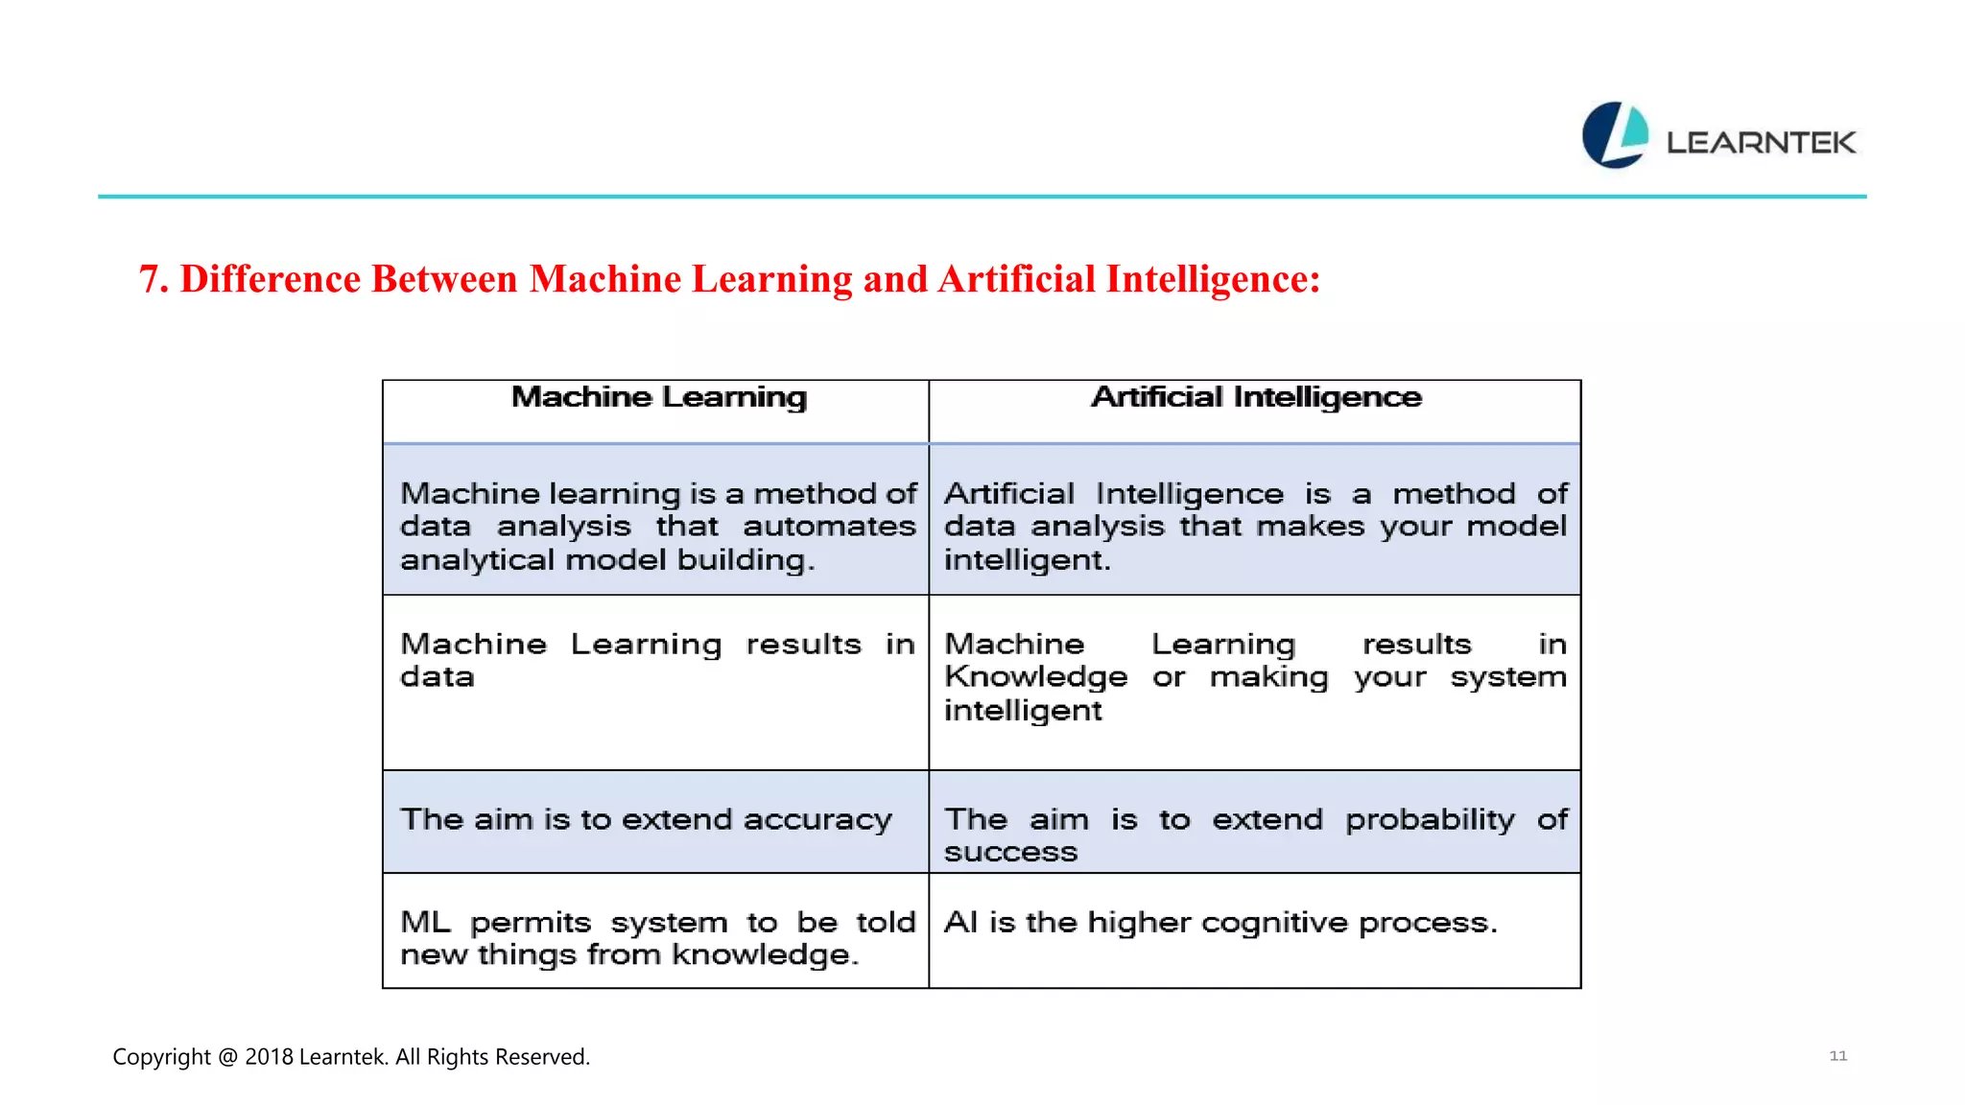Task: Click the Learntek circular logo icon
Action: click(x=1615, y=135)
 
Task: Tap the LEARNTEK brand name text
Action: click(x=1761, y=143)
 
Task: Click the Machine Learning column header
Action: click(x=659, y=397)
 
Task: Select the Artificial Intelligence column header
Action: click(x=1256, y=397)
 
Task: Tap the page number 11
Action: click(x=1837, y=1055)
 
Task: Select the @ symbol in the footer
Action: click(x=227, y=1056)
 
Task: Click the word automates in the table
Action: click(x=829, y=527)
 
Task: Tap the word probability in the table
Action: click(x=1430, y=820)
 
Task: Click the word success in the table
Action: click(x=1010, y=852)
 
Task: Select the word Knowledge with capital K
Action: click(x=1035, y=677)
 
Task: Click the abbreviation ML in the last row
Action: click(x=425, y=923)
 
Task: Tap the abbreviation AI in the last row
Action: click(x=960, y=923)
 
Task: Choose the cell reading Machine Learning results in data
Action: click(x=656, y=661)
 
